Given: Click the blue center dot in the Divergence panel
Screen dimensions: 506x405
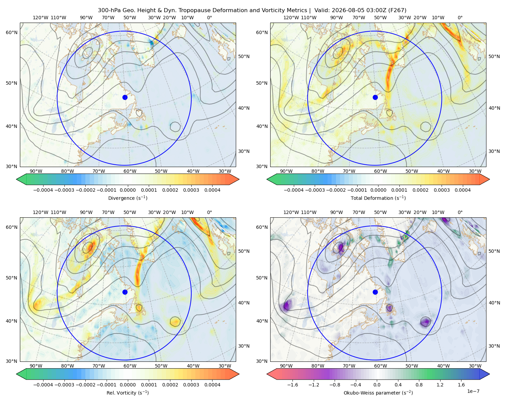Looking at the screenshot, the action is (125, 97).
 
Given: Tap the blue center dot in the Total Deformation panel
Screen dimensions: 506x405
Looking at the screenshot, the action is (375, 97).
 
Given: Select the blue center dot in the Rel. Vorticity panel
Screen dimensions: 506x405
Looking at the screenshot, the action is (125, 292).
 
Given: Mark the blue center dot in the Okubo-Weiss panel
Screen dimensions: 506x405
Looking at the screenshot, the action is (375, 292).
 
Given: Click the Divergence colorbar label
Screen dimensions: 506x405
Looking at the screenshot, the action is (128, 198).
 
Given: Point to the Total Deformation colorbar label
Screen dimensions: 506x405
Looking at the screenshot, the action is (378, 198).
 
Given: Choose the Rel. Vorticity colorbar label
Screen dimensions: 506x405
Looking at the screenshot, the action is (128, 393).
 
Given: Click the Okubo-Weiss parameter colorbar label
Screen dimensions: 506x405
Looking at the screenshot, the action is (378, 393).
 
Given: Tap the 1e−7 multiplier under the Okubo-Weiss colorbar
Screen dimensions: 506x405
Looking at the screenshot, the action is (473, 391).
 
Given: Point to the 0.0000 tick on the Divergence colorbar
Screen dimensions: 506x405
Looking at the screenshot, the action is (128, 190).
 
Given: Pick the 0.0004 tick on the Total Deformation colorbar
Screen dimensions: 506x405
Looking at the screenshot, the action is (462, 190).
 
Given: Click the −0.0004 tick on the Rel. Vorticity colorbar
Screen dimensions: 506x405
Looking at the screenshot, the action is (43, 385).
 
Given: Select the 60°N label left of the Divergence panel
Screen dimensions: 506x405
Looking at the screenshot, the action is (11, 32).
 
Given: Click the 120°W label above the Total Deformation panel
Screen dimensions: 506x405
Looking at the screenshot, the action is (291, 18).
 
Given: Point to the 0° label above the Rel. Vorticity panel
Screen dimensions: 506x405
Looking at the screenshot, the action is (209, 212).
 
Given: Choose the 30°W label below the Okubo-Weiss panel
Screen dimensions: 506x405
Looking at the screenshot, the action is (475, 366).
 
